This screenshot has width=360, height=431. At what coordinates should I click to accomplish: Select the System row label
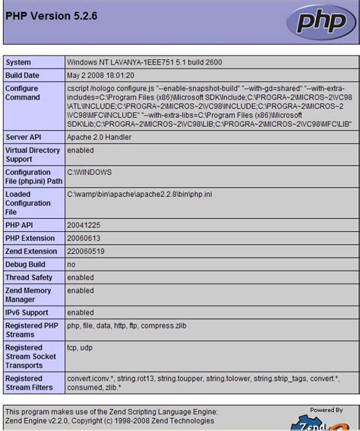click(x=18, y=62)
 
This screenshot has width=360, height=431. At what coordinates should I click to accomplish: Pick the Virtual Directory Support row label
click(x=32, y=155)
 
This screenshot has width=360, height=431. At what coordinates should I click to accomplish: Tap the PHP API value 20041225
click(x=84, y=225)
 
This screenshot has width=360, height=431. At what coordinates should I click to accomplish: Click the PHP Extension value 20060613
click(x=84, y=238)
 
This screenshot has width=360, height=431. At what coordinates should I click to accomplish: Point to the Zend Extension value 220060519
click(x=87, y=251)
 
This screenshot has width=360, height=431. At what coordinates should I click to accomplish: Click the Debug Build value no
click(x=71, y=264)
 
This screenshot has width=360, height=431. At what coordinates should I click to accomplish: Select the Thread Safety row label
click(x=29, y=277)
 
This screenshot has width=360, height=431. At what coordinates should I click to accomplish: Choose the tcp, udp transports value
click(x=81, y=347)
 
